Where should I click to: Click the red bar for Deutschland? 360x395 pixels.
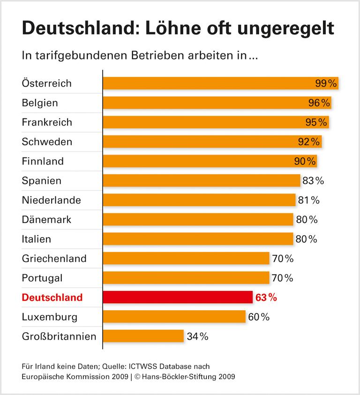178,297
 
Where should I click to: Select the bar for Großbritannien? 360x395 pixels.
143,336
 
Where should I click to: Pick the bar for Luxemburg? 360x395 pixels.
174,317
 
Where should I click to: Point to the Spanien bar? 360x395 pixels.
202,180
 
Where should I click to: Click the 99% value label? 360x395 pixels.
326,83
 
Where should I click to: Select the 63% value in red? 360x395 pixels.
266,297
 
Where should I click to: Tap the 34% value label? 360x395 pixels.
197,336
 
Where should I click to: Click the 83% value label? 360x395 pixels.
313,180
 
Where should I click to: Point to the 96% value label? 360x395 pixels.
319,103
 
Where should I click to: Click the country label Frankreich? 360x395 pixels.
47,122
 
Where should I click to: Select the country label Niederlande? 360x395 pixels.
51,200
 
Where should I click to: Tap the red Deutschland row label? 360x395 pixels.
52,297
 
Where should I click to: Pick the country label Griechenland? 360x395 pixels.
54,259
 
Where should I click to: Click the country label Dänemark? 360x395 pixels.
46,219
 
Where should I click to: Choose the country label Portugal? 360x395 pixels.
42,278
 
